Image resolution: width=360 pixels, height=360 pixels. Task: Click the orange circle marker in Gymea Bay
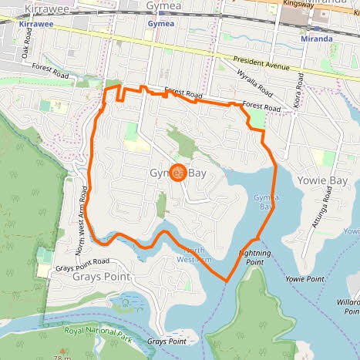click(x=177, y=173)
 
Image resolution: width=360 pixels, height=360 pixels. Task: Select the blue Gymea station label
click(x=160, y=24)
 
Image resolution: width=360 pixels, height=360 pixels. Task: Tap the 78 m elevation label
click(x=62, y=357)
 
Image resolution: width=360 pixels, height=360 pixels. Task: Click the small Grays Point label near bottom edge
click(x=167, y=341)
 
